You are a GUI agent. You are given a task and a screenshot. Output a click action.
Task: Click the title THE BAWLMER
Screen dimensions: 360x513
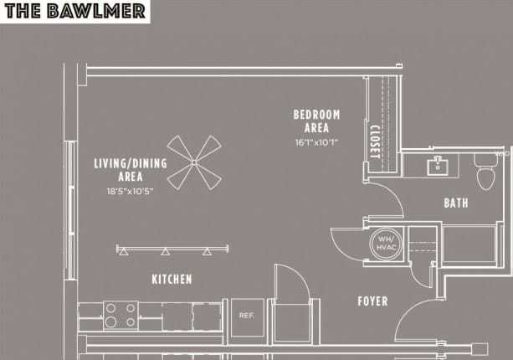coord(74,11)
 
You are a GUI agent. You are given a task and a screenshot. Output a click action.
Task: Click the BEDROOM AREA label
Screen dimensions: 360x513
coord(316,121)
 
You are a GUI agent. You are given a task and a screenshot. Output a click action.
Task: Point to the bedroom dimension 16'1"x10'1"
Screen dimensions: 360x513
coord(316,142)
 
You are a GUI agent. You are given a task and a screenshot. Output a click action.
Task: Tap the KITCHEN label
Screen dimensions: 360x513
coord(172,279)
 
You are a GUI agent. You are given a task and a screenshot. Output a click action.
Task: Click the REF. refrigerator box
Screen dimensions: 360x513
coord(247,316)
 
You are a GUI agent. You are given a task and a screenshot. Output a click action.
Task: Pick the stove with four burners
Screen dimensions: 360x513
coord(121,316)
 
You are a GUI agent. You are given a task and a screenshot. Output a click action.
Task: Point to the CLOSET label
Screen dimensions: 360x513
coord(375,141)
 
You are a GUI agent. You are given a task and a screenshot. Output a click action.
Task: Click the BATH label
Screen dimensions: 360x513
coord(456,203)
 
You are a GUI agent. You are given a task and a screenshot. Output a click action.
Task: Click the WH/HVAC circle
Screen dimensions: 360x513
coord(386,243)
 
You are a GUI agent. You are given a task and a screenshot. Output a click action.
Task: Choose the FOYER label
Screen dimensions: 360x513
coord(372,301)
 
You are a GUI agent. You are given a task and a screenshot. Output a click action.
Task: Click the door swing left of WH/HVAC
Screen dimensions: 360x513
coord(346,243)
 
